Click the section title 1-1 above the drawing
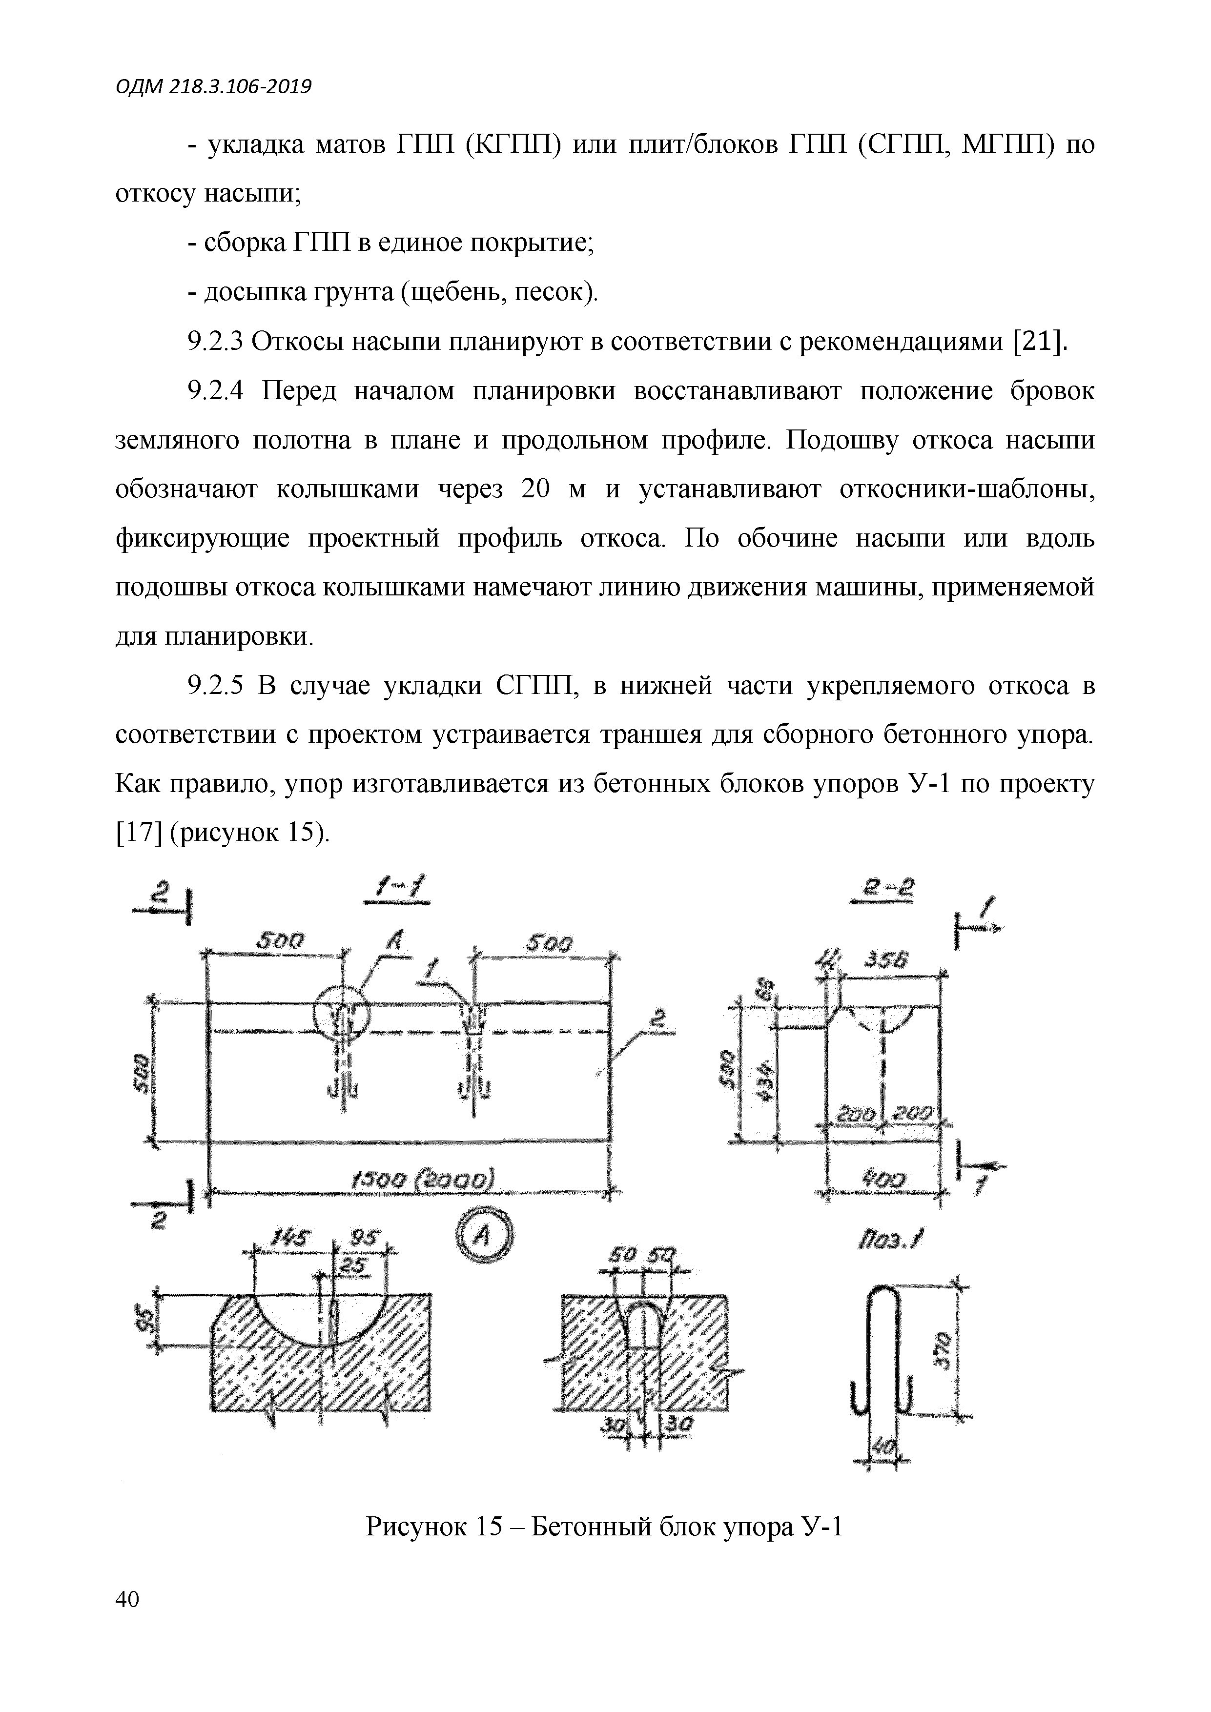point(399,891)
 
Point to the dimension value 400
point(885,1180)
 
